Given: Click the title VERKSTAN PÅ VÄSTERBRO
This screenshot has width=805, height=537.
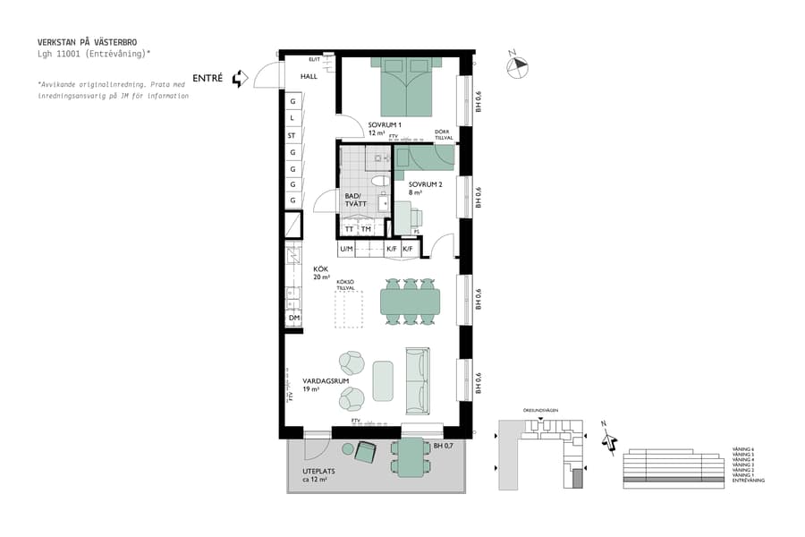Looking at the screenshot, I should pyautogui.click(x=88, y=42).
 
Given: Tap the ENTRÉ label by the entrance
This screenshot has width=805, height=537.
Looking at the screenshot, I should pyautogui.click(x=208, y=79).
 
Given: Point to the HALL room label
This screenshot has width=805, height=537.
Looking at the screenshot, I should pyautogui.click(x=309, y=77).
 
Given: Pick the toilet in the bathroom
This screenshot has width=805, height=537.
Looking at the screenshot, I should pyautogui.click(x=380, y=182).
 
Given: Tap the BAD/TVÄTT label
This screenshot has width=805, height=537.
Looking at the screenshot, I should pyautogui.click(x=355, y=200).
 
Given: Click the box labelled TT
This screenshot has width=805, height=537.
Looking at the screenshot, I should pyautogui.click(x=350, y=229).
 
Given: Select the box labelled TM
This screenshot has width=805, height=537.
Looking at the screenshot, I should pyautogui.click(x=366, y=229).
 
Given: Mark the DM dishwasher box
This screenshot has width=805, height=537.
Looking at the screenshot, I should pyautogui.click(x=292, y=318).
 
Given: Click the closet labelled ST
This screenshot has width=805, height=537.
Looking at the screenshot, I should pyautogui.click(x=292, y=136).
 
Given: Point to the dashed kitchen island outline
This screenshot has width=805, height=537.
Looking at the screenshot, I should pyautogui.click(x=348, y=308).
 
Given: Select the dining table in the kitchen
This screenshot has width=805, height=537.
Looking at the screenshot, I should pyautogui.click(x=409, y=302).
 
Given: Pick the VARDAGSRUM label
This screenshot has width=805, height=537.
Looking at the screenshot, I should pyautogui.click(x=326, y=381).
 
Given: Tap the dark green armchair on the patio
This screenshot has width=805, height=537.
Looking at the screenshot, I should pyautogui.click(x=366, y=451).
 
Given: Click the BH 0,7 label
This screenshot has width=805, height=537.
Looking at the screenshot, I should pyautogui.click(x=445, y=445).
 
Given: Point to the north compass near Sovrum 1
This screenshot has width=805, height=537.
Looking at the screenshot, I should pyautogui.click(x=517, y=64).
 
